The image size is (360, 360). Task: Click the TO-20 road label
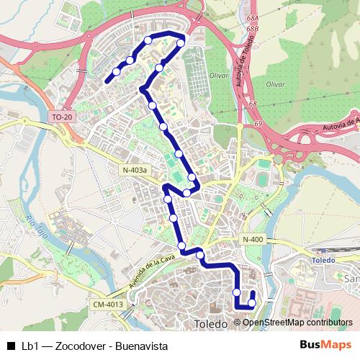[x=62, y=116]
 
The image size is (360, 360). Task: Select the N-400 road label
[x=253, y=240]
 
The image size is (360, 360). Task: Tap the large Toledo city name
[x=211, y=324]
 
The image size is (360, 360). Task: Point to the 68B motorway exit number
[x=252, y=30]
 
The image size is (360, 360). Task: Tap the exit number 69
[x=258, y=124]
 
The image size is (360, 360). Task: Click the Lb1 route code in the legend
[x=30, y=345]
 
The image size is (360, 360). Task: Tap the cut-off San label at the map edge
[x=353, y=279]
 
